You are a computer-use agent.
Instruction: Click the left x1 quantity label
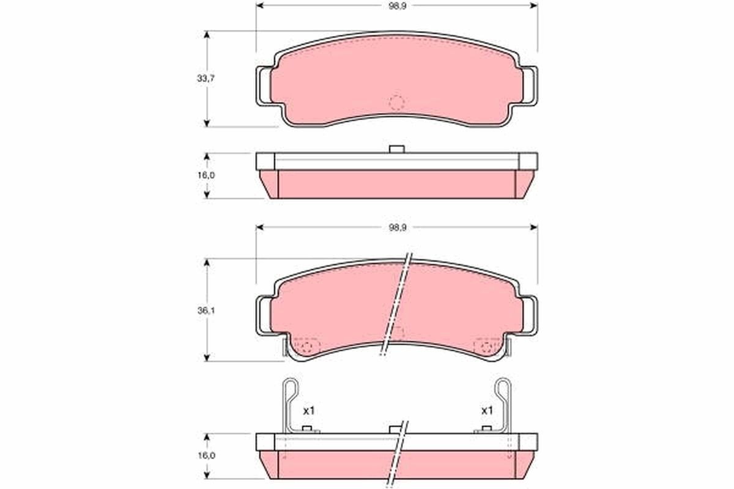[308, 410]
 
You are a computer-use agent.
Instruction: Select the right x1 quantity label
[486, 410]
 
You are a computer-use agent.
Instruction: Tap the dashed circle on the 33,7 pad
[397, 103]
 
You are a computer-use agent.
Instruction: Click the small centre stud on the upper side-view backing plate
[397, 149]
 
